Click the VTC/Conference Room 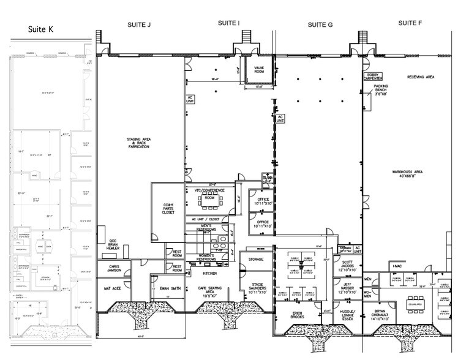tap(210, 194)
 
